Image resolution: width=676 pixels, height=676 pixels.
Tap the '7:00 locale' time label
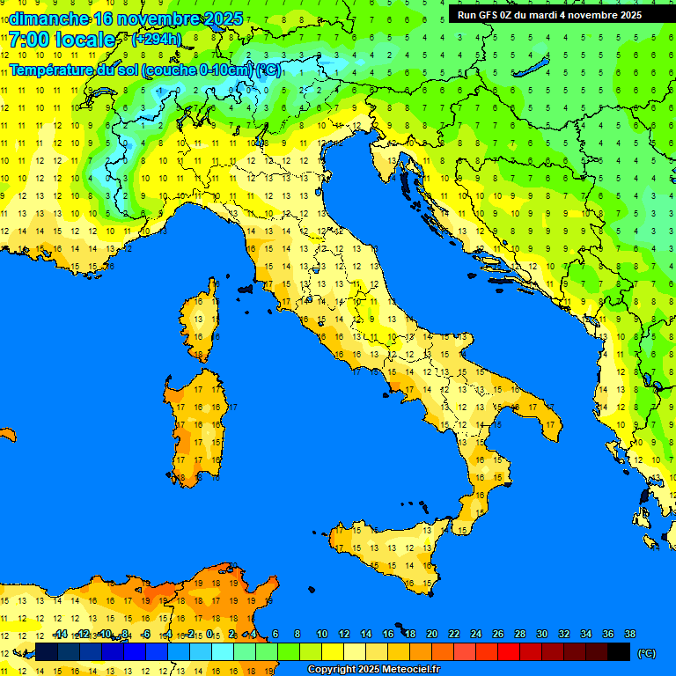click(x=61, y=40)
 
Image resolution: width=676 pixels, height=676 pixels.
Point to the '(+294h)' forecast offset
click(x=157, y=40)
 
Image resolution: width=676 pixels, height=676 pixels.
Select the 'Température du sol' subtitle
click(x=145, y=70)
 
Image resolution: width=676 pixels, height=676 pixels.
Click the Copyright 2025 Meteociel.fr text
click(x=373, y=670)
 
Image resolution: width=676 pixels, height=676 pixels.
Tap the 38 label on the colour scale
click(x=629, y=634)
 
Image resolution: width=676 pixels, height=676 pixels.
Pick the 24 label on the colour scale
click(x=475, y=634)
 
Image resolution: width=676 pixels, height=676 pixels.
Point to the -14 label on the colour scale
click(x=60, y=634)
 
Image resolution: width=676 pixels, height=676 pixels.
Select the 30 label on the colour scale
click(x=541, y=634)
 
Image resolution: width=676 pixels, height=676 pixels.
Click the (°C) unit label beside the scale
click(x=646, y=653)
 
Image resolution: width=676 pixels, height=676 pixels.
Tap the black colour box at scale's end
click(x=619, y=652)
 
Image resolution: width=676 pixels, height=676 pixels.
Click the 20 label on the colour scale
click(x=431, y=634)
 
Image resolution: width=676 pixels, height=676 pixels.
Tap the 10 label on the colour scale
click(x=321, y=634)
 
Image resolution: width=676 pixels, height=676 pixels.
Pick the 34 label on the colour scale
click(x=585, y=634)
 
